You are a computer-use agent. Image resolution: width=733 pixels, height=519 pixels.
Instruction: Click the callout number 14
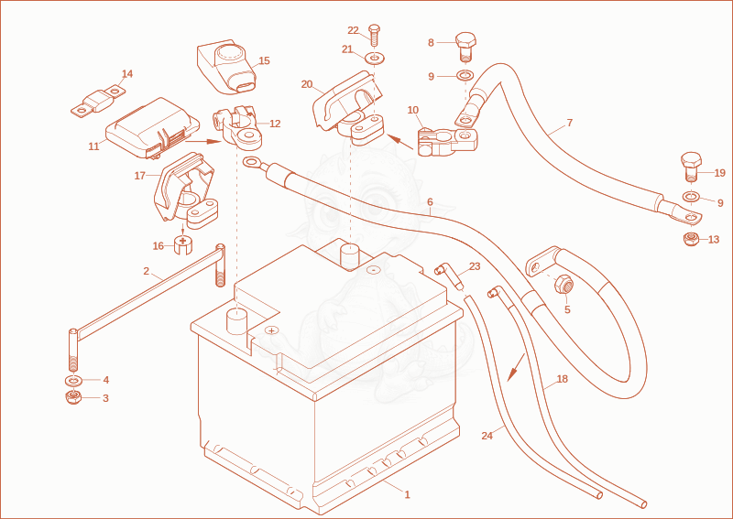127,74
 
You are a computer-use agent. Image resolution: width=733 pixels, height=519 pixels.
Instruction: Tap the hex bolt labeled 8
465,47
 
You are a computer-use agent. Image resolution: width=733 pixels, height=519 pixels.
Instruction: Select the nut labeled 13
691,239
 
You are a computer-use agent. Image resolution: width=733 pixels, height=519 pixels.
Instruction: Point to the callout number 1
407,494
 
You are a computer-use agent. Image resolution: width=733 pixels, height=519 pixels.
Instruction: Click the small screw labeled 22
374,35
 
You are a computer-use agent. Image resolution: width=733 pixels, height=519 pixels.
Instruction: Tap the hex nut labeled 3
73,397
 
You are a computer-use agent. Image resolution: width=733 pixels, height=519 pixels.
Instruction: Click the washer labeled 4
73,379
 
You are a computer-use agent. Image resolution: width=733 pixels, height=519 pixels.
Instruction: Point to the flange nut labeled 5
563,284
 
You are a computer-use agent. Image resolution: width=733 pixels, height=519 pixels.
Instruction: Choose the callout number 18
563,379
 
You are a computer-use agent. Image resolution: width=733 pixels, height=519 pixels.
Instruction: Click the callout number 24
487,436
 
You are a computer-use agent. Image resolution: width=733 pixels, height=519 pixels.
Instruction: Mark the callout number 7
569,123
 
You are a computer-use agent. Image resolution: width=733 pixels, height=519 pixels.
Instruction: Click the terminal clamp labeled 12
237,126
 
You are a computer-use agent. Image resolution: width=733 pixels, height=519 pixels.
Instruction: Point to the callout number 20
307,84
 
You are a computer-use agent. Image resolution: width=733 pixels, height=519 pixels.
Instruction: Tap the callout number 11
93,146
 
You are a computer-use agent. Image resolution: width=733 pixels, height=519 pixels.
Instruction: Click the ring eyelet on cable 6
252,162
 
